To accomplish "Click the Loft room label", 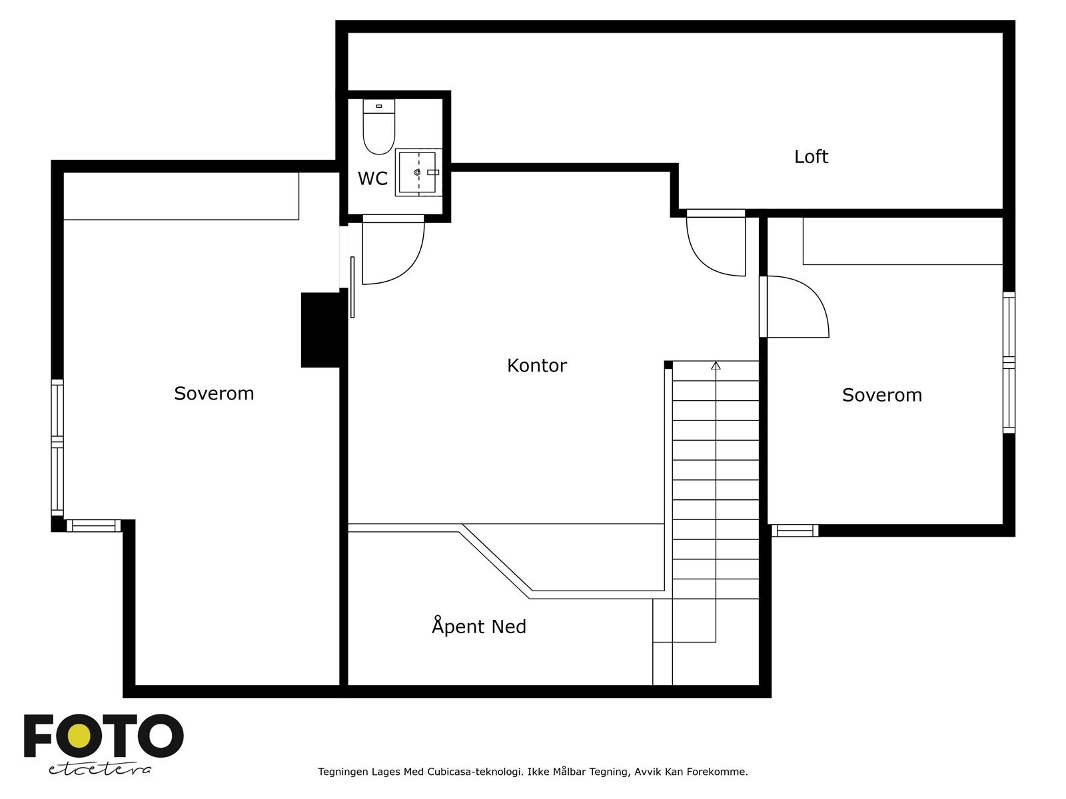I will pyautogui.click(x=811, y=157).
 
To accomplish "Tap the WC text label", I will pyautogui.click(x=372, y=178).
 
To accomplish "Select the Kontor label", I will pyautogui.click(x=536, y=366).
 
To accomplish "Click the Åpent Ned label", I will pyautogui.click(x=478, y=627).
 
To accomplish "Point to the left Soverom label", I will pyautogui.click(x=214, y=394).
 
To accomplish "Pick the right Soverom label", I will pyautogui.click(x=881, y=395).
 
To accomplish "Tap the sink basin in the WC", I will pyautogui.click(x=418, y=172).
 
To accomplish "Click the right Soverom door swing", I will pyautogui.click(x=796, y=306).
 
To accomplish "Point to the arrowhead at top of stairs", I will pyautogui.click(x=716, y=366).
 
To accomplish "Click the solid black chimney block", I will pyautogui.click(x=320, y=330).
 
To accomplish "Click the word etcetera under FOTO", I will pyautogui.click(x=100, y=769).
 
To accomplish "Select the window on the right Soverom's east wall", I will pyautogui.click(x=1009, y=362).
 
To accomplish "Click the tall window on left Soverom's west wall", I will pyautogui.click(x=57, y=447).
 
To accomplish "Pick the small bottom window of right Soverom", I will pyautogui.click(x=794, y=531).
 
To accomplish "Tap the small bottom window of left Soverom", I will pyautogui.click(x=93, y=526).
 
